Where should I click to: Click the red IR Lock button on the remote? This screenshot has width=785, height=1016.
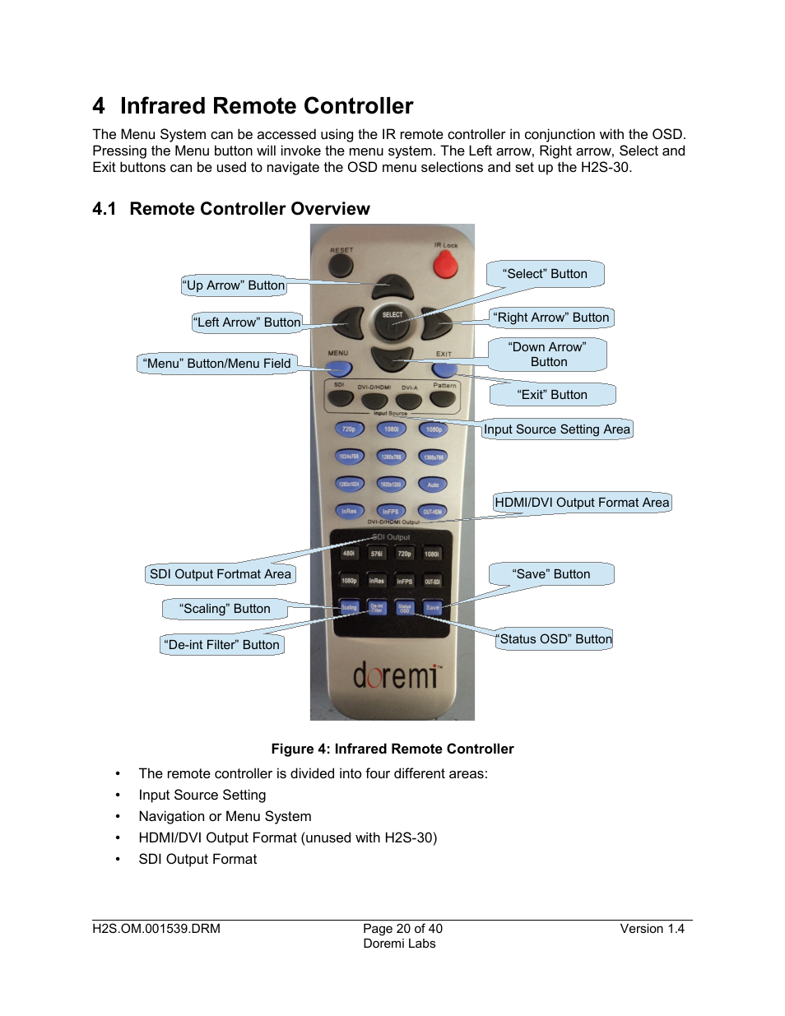pyautogui.click(x=445, y=264)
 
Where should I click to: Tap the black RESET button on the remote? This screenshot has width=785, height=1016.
pyautogui.click(x=341, y=265)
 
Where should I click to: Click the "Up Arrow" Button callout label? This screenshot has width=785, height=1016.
pyautogui.click(x=234, y=285)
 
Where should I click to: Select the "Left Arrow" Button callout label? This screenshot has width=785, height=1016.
pyautogui.click(x=248, y=322)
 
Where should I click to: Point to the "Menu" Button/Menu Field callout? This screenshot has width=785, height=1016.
pyautogui.click(x=217, y=364)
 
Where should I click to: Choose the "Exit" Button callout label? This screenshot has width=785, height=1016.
pyautogui.click(x=552, y=395)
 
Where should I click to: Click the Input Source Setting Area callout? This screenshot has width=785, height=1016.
pyautogui.click(x=557, y=429)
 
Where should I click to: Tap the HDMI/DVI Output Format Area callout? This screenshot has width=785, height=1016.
pyautogui.click(x=582, y=503)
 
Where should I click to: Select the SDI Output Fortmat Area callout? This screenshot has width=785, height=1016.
pyautogui.click(x=221, y=574)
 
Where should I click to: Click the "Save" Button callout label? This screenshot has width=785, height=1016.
pyautogui.click(x=551, y=574)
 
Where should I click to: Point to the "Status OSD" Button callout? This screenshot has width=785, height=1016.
pyautogui.click(x=555, y=639)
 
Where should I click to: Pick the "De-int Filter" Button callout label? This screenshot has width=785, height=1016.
pyautogui.click(x=222, y=645)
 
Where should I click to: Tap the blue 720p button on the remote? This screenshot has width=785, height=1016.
pyautogui.click(x=349, y=429)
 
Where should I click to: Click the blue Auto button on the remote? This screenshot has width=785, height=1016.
pyautogui.click(x=433, y=485)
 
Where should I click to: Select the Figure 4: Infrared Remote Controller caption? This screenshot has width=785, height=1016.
pyautogui.click(x=392, y=749)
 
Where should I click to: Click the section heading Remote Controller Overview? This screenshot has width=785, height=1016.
pyautogui.click(x=249, y=209)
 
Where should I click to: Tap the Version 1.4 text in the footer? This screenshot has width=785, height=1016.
pyautogui.click(x=652, y=929)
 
